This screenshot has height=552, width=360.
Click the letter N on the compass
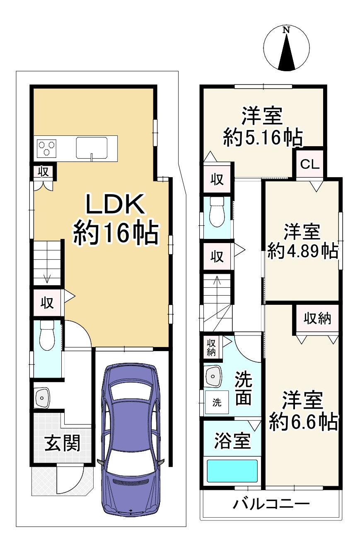[x=286, y=30]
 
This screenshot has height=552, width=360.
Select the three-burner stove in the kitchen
[x=46, y=148]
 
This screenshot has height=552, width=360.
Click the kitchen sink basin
[x=92, y=148]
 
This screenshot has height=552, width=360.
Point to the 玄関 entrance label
[x=63, y=443]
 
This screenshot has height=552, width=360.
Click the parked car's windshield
[x=130, y=392]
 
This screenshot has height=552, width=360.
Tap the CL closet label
[x=310, y=164]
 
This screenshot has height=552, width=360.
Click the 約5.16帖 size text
[x=263, y=137]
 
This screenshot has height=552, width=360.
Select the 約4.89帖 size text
[x=303, y=251]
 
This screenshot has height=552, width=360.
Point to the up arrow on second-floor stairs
[x=217, y=296]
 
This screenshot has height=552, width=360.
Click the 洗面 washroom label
[x=243, y=392]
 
